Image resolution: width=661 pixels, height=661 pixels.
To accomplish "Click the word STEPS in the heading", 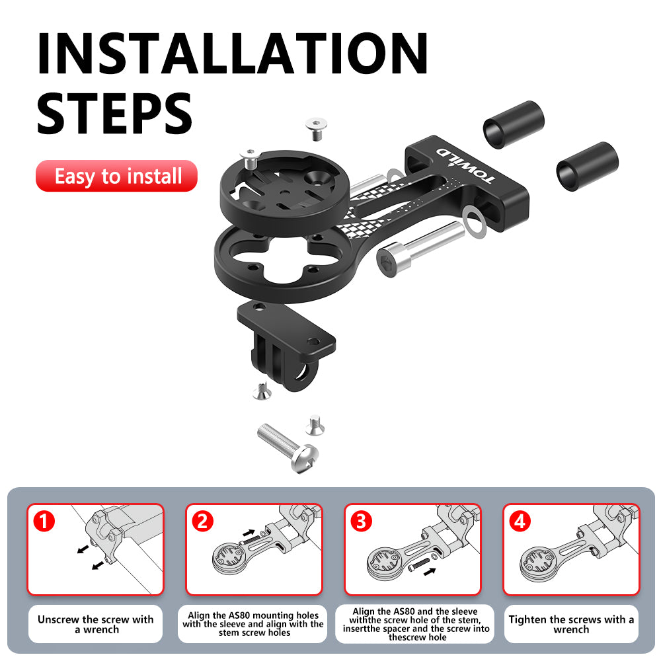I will point(114,114).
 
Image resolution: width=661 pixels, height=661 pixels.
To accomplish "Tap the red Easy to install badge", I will point(117,176).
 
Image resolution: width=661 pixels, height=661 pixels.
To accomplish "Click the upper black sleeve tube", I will point(514,124).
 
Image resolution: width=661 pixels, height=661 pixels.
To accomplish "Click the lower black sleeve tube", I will point(587,167).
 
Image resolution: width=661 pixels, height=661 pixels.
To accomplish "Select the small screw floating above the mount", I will point(315,128).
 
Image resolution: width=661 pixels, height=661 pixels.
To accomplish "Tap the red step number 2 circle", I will point(202,522).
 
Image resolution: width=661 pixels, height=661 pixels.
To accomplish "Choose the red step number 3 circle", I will point(361,522).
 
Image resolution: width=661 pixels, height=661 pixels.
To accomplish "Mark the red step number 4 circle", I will point(520,522).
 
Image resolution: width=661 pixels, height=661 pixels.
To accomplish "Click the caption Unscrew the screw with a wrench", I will point(95,624).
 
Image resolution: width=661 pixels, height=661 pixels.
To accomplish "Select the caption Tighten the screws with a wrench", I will point(571,624).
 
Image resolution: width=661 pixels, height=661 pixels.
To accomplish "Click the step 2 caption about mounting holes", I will point(253,624).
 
